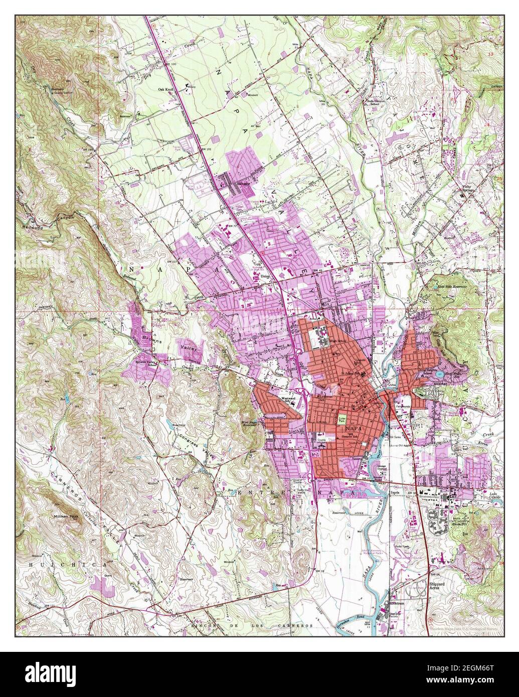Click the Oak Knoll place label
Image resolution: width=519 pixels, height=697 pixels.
pyautogui.click(x=166, y=90)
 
